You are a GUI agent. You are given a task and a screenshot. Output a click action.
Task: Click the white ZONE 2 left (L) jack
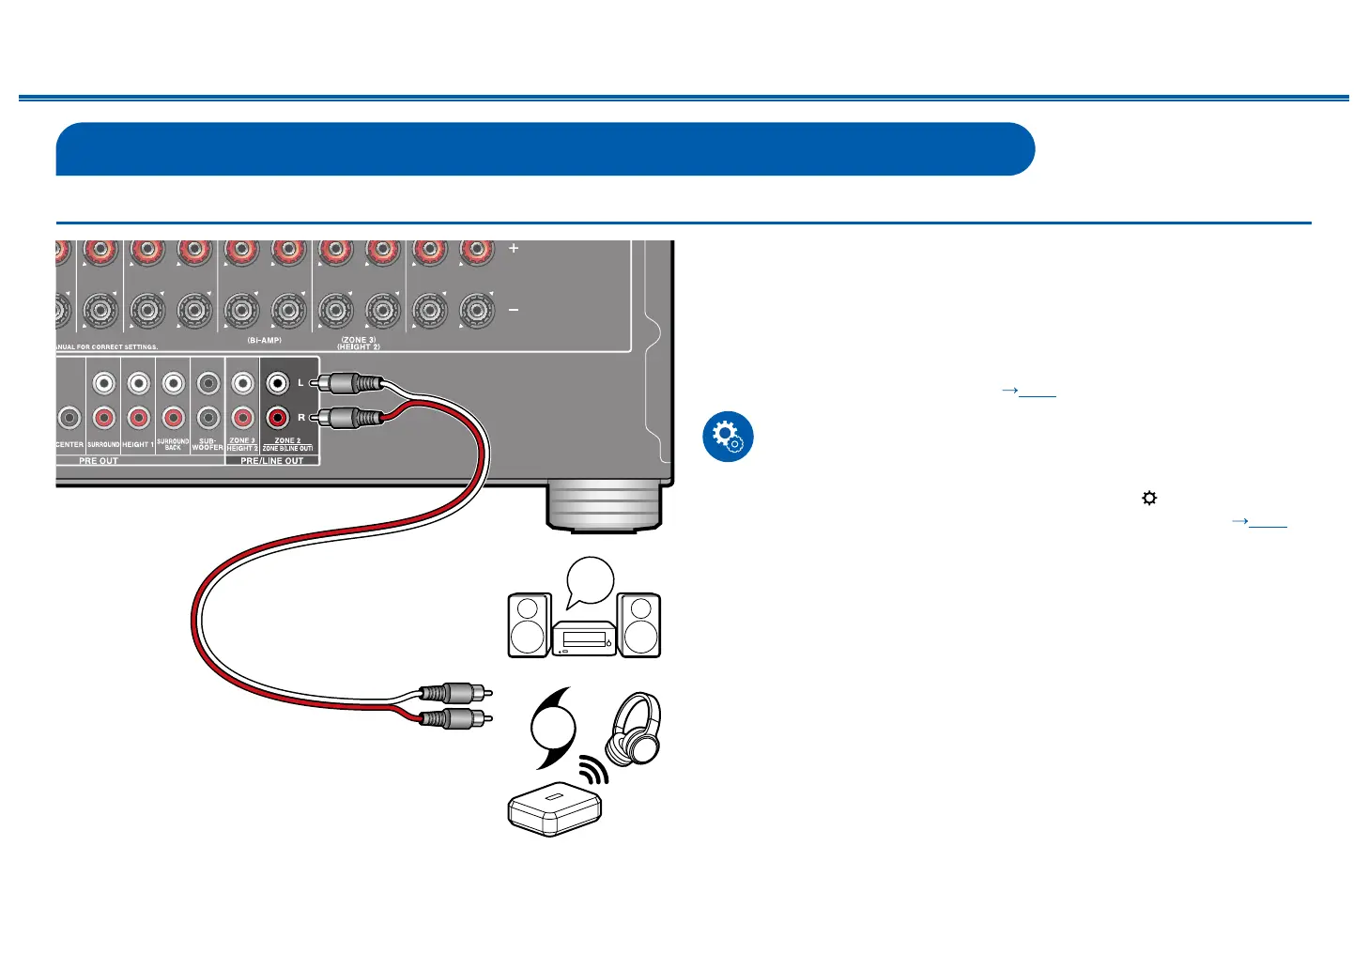coord(277,383)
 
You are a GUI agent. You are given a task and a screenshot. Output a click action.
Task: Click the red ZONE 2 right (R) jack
coord(277,418)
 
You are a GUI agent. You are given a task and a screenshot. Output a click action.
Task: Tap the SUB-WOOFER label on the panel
coord(208,444)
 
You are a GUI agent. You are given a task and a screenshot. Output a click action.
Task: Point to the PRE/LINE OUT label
coord(272,461)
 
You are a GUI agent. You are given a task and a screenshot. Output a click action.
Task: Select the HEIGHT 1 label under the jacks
coord(138,445)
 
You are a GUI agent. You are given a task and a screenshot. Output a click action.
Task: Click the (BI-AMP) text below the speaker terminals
coord(265,340)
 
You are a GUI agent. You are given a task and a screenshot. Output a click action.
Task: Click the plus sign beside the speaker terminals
coord(514,249)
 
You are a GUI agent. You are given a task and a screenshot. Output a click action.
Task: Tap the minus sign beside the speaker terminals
coord(514,310)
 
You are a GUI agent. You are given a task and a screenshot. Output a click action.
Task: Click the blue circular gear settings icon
coord(728,437)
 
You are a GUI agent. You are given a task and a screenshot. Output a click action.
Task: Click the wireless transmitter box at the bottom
coord(554,809)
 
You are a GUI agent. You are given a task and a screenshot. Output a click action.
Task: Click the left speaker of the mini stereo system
coord(529,625)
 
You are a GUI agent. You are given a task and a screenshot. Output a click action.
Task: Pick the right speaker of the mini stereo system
coord(639,625)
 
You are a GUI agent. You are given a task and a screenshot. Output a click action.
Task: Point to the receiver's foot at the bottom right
coord(604,507)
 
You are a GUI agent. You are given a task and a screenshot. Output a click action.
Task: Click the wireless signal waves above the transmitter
coord(593,771)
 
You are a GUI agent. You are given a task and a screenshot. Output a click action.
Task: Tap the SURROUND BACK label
coord(173,444)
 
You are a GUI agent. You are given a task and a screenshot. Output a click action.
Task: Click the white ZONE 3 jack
coord(242,383)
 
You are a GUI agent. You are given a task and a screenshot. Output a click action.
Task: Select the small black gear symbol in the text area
coord(1149,499)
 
